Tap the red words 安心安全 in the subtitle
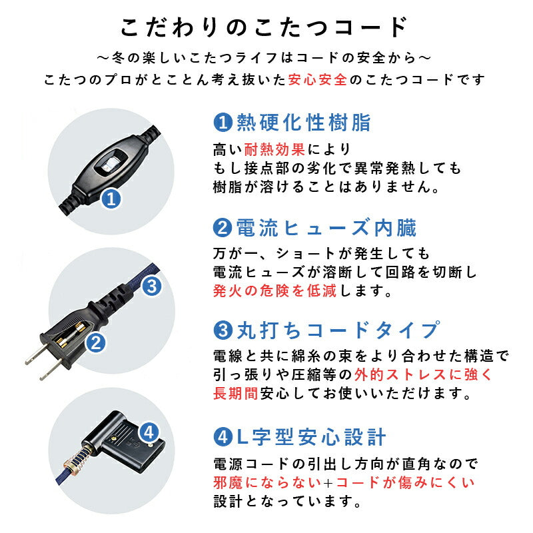[318, 80]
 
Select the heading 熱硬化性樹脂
[300, 123]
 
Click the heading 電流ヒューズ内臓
[325, 229]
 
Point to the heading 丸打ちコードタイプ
[337, 330]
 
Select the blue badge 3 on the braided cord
[151, 286]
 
